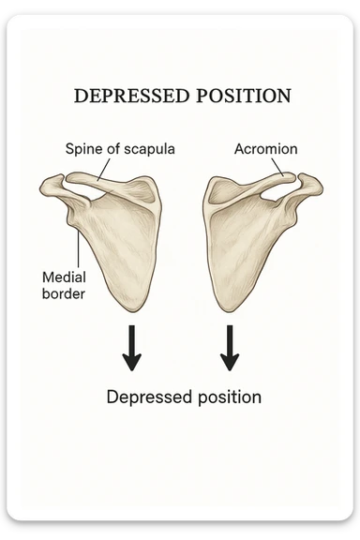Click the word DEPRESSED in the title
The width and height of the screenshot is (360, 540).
(x=128, y=97)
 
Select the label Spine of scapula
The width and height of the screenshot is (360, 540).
(x=120, y=149)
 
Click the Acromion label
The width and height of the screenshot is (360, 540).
(x=265, y=149)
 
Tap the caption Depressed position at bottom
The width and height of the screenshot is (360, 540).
(x=184, y=397)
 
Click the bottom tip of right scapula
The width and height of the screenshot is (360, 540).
(x=223, y=311)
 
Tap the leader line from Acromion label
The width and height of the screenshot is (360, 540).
(x=278, y=167)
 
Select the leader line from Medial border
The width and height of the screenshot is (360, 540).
(x=78, y=247)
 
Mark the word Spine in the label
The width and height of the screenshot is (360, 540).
(x=82, y=149)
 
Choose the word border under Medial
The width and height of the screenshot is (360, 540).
(x=64, y=293)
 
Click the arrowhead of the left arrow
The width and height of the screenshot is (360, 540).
(x=132, y=362)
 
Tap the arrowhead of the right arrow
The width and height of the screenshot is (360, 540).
(x=229, y=362)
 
